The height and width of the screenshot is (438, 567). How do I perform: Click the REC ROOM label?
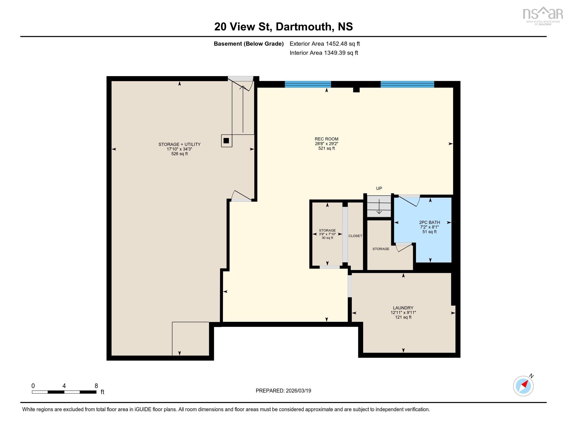(326, 139)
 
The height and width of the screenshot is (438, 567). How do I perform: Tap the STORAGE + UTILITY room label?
(179, 144)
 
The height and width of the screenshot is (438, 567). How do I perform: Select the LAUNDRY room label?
(403, 308)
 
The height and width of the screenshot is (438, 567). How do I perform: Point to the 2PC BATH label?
(429, 222)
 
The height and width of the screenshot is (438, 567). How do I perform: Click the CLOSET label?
(355, 236)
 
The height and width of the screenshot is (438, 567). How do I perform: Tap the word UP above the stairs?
(379, 188)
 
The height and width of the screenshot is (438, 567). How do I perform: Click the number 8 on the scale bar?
(96, 386)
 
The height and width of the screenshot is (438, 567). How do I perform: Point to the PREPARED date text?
(283, 391)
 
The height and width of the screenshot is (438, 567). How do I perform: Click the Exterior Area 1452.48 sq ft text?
(324, 44)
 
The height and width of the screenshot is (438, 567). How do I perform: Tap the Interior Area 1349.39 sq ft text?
(324, 53)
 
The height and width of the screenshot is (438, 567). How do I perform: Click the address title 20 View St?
(283, 27)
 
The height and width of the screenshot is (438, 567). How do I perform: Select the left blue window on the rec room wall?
(308, 84)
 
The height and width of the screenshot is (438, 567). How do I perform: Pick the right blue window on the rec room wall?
(407, 84)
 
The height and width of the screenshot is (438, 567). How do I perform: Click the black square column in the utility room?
(226, 140)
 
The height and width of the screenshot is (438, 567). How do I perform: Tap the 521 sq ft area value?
(326, 148)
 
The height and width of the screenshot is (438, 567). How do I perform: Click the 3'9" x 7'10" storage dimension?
(327, 234)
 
